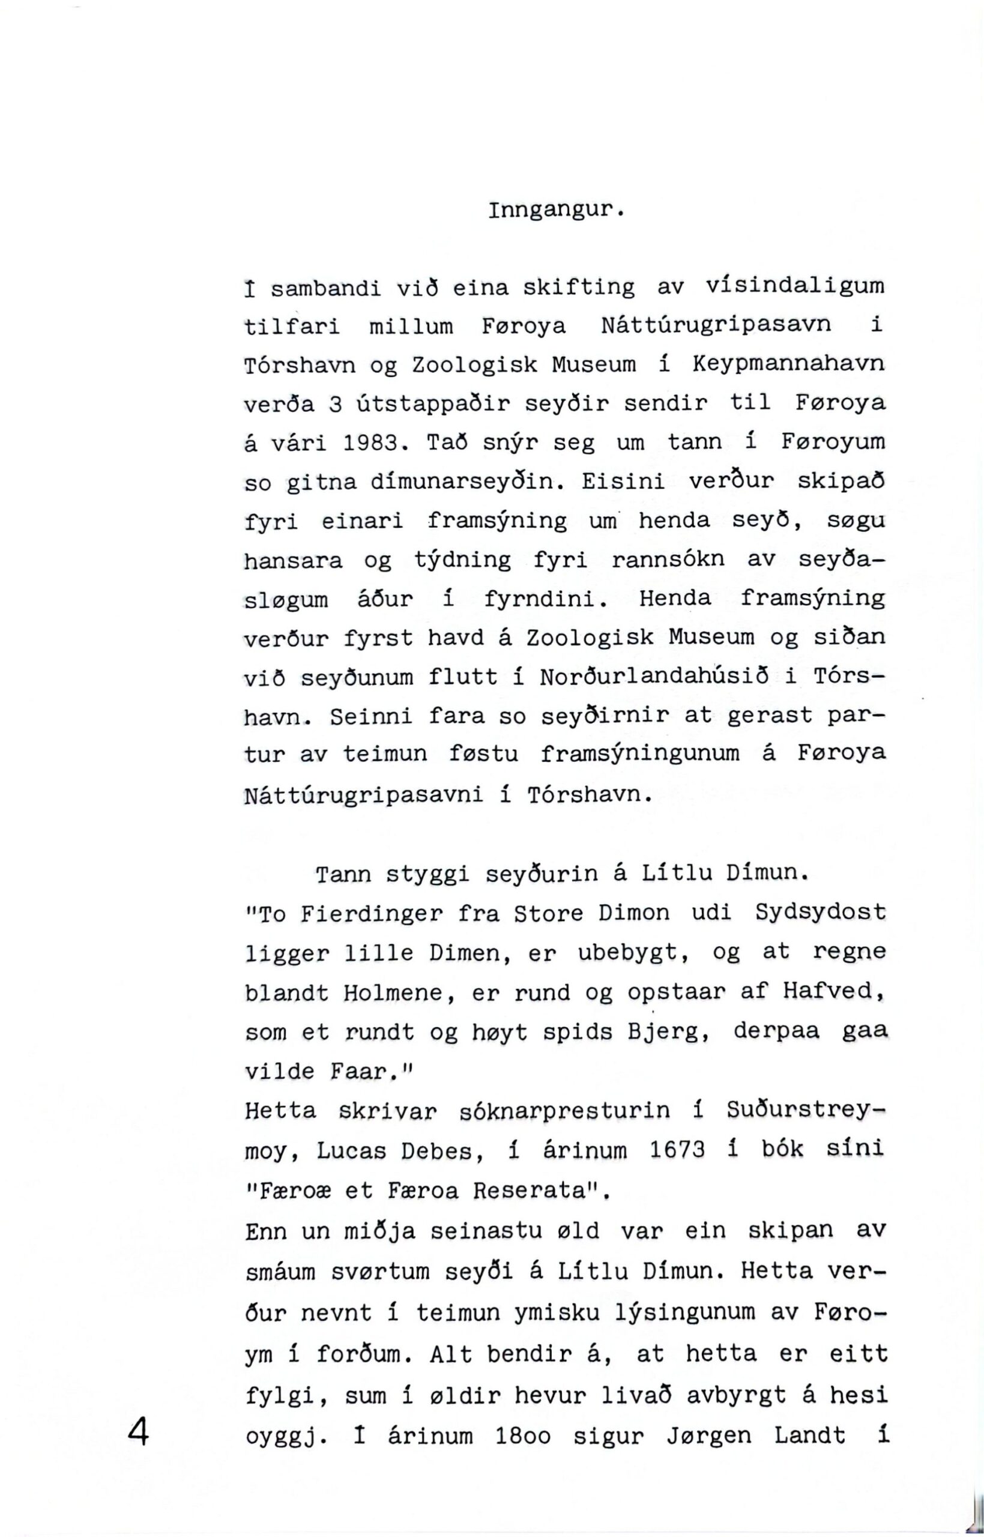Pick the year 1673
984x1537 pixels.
coord(677,1150)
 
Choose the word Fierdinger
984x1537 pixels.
coord(371,914)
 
